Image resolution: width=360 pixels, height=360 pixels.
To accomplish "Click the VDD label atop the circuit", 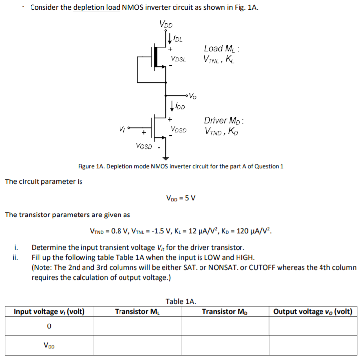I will [x=166, y=24].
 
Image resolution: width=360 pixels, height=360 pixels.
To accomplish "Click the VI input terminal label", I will [x=121, y=129].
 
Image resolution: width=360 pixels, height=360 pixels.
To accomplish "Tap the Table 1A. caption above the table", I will [x=181, y=300].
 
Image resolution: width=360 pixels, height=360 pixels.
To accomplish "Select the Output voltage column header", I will [x=313, y=312].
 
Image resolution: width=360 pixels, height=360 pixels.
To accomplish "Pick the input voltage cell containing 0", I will [x=49, y=326].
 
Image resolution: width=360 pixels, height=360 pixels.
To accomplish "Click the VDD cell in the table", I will [x=49, y=346].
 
